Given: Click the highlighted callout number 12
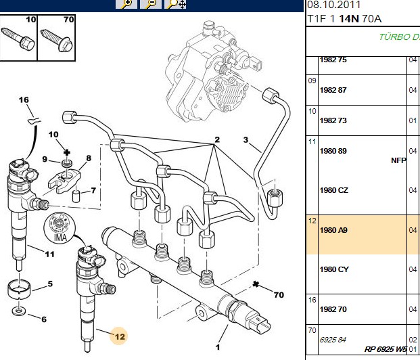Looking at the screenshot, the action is tap(120, 337).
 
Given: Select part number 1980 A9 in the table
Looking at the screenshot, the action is tap(333, 230).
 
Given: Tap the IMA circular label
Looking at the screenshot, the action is tap(60, 228).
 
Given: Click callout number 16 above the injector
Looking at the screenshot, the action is tap(24, 100).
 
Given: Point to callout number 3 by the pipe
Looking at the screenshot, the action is tap(246, 140).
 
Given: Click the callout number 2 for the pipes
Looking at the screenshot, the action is tap(217, 139).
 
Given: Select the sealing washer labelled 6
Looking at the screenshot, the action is tap(18, 311).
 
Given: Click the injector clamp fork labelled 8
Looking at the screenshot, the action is tap(64, 180).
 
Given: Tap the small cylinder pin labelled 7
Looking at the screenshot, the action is tap(76, 196).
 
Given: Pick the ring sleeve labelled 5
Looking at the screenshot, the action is tap(18, 290).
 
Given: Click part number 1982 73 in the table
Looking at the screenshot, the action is tap(333, 120).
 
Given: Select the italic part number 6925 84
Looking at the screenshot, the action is tap(333, 340).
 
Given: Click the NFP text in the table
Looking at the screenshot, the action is tap(398, 160).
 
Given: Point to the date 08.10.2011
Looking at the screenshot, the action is tap(333, 5).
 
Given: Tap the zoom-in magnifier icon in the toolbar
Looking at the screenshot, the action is tap(126, 4).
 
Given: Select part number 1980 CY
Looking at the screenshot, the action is tap(334, 269).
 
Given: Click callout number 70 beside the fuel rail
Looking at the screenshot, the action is tap(279, 295).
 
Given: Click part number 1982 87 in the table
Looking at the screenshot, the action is tap(333, 90).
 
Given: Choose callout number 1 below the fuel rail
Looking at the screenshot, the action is tap(218, 347).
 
